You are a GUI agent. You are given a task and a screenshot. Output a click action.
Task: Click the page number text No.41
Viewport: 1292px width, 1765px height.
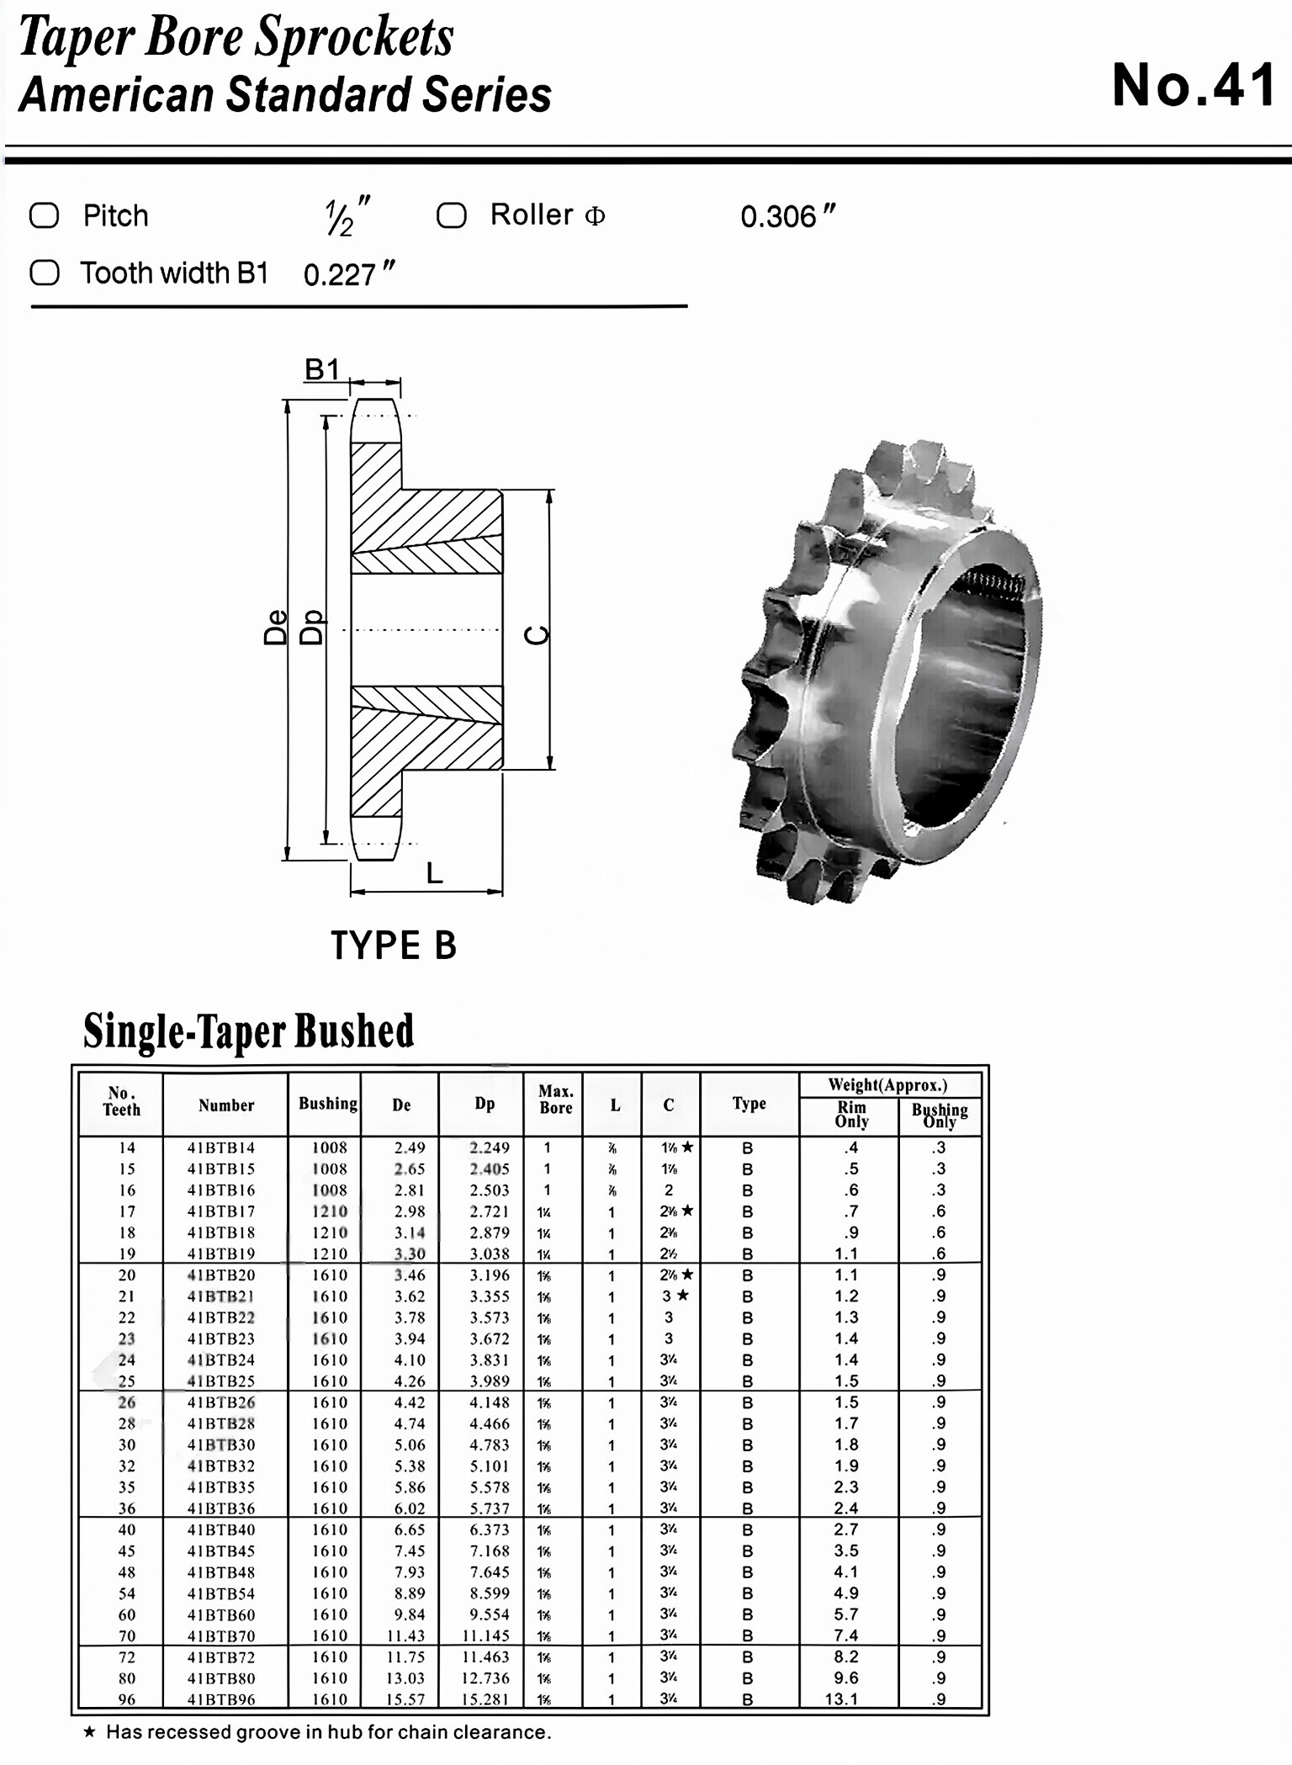(x=1194, y=86)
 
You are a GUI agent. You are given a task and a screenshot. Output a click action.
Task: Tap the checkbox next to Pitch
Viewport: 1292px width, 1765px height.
(x=45, y=215)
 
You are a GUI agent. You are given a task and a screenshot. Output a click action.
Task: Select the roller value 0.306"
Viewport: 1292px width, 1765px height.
(x=787, y=217)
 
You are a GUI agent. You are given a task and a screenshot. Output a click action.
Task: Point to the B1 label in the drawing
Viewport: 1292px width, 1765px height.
(x=321, y=369)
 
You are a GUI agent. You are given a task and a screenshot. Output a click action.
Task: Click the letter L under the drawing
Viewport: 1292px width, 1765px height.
(x=434, y=873)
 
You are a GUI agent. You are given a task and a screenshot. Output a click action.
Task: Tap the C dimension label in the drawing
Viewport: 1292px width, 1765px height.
(x=537, y=635)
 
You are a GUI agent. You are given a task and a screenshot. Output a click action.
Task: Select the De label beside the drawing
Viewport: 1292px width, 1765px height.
(x=275, y=628)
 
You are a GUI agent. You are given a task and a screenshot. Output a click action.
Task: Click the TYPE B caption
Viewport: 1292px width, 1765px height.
(x=393, y=946)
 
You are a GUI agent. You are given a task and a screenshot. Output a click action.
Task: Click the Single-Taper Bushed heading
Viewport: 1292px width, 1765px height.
(x=248, y=1031)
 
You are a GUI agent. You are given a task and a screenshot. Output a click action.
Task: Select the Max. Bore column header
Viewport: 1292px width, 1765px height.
(x=555, y=1099)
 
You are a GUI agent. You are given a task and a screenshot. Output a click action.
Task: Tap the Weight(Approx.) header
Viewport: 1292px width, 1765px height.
(x=887, y=1084)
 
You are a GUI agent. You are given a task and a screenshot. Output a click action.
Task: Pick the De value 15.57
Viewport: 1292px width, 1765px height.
(x=405, y=1699)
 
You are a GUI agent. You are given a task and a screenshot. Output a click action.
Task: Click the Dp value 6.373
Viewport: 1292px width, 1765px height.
(x=489, y=1529)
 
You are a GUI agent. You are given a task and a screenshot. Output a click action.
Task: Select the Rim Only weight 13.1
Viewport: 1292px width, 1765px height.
(x=841, y=1699)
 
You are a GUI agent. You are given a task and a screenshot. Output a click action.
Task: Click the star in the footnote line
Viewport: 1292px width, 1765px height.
(x=89, y=1732)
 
